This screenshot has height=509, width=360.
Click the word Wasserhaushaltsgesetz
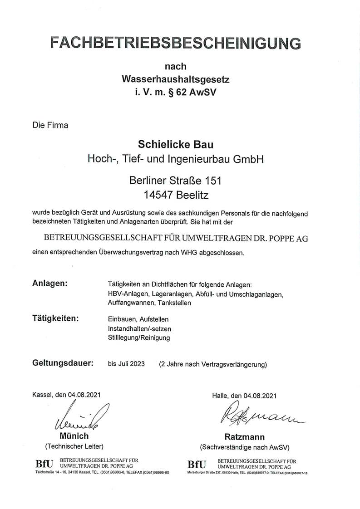(x=176, y=79)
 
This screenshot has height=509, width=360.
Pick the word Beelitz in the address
(x=194, y=195)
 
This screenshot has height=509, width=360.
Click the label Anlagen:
(x=50, y=284)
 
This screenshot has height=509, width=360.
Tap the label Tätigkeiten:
(x=55, y=318)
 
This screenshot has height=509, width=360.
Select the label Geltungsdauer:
(x=63, y=363)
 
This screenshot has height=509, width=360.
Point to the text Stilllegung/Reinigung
(x=139, y=338)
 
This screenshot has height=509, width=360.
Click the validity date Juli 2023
(x=132, y=364)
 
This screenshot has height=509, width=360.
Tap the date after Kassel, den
(x=85, y=395)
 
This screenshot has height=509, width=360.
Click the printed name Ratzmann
(x=245, y=437)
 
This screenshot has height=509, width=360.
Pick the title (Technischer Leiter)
(x=74, y=446)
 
